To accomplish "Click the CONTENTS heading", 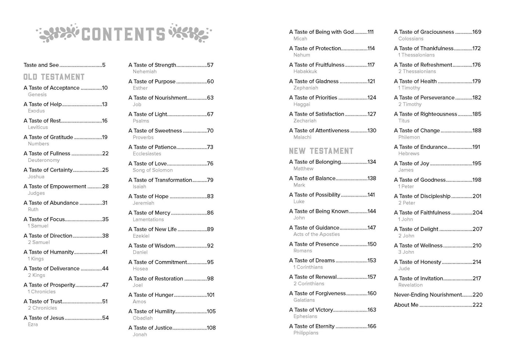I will point(123,34).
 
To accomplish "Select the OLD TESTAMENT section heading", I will point(54,77).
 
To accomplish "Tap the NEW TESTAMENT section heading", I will point(321,151).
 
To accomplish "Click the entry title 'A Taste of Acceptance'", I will point(51,88).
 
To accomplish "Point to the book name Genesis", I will point(37,94).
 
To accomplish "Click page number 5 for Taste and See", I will point(104,65).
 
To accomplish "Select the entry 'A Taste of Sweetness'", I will point(155,131).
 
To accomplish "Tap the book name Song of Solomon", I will point(152,170).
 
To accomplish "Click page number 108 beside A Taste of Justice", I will point(211,328).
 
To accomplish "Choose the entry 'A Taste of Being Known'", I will point(318,211).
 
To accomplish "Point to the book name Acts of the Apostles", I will point(316,234).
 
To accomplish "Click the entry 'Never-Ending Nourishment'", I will point(428,295).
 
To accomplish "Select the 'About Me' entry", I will point(406,305).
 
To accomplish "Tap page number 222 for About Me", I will point(477,305).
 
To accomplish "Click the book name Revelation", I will point(410,285).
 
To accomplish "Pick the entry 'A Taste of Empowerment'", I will point(55,186).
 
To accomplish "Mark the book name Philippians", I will point(305,333).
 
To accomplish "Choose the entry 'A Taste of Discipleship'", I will point(422,196).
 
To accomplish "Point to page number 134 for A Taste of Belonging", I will point(372,162).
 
